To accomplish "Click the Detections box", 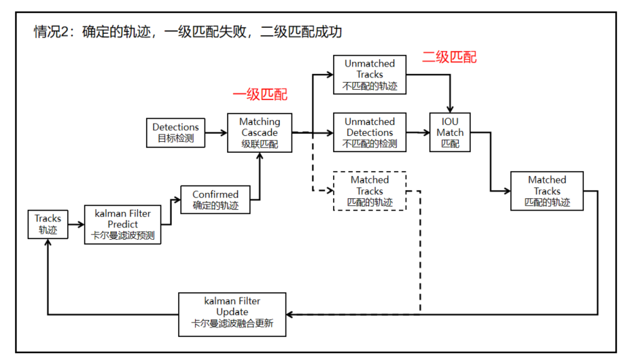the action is coord(175,132).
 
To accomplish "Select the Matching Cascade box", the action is coord(260,132).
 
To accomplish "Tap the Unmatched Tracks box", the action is coord(370,75).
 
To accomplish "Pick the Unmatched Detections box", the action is coord(370,132).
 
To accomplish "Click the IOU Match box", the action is coord(450,132).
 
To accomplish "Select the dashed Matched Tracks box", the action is coord(370,191).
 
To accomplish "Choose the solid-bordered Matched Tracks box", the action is coord(547,191).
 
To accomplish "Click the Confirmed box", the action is coord(215,200).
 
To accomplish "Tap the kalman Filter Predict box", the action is coord(122,225).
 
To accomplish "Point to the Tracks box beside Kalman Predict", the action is coord(48,224).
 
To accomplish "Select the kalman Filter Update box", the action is coord(232,314).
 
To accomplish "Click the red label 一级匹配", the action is coord(260,94).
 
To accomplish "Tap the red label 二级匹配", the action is coord(449,57).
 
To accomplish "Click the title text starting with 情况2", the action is coord(188,32).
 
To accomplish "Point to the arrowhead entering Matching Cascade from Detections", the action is coord(224,132).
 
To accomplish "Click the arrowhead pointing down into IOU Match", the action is coord(450,109).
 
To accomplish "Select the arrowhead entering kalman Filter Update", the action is coord(290,314).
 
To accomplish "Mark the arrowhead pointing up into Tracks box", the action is coord(48,242).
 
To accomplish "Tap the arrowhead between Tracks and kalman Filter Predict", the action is coord(80,224).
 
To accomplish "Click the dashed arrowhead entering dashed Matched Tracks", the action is coord(330,190).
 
